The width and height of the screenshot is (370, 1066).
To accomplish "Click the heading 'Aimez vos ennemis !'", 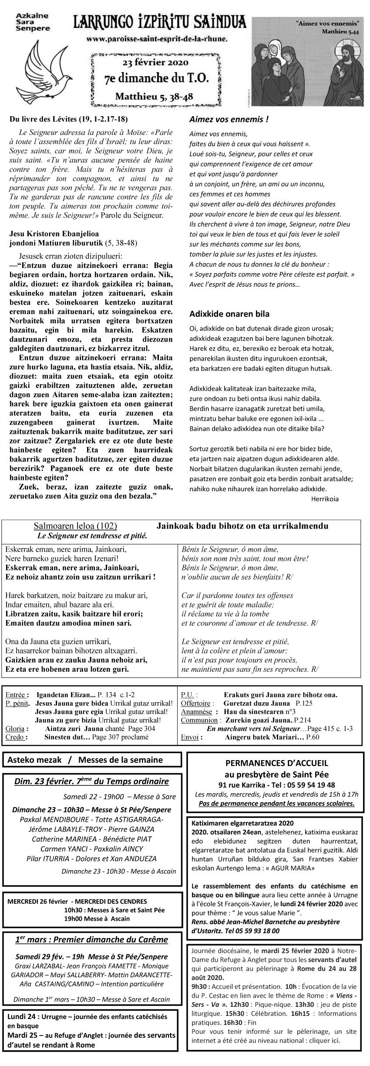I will (x=229, y=119).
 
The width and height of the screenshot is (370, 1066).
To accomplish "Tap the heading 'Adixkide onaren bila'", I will (x=229, y=314).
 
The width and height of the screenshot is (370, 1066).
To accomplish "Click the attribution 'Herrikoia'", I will (x=325, y=499).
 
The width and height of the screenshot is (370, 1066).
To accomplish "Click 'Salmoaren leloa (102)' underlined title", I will (x=75, y=526).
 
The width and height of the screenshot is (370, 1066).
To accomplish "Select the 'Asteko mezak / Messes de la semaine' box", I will (x=92, y=760).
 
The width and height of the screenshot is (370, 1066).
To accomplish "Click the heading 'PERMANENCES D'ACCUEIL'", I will (x=276, y=763).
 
